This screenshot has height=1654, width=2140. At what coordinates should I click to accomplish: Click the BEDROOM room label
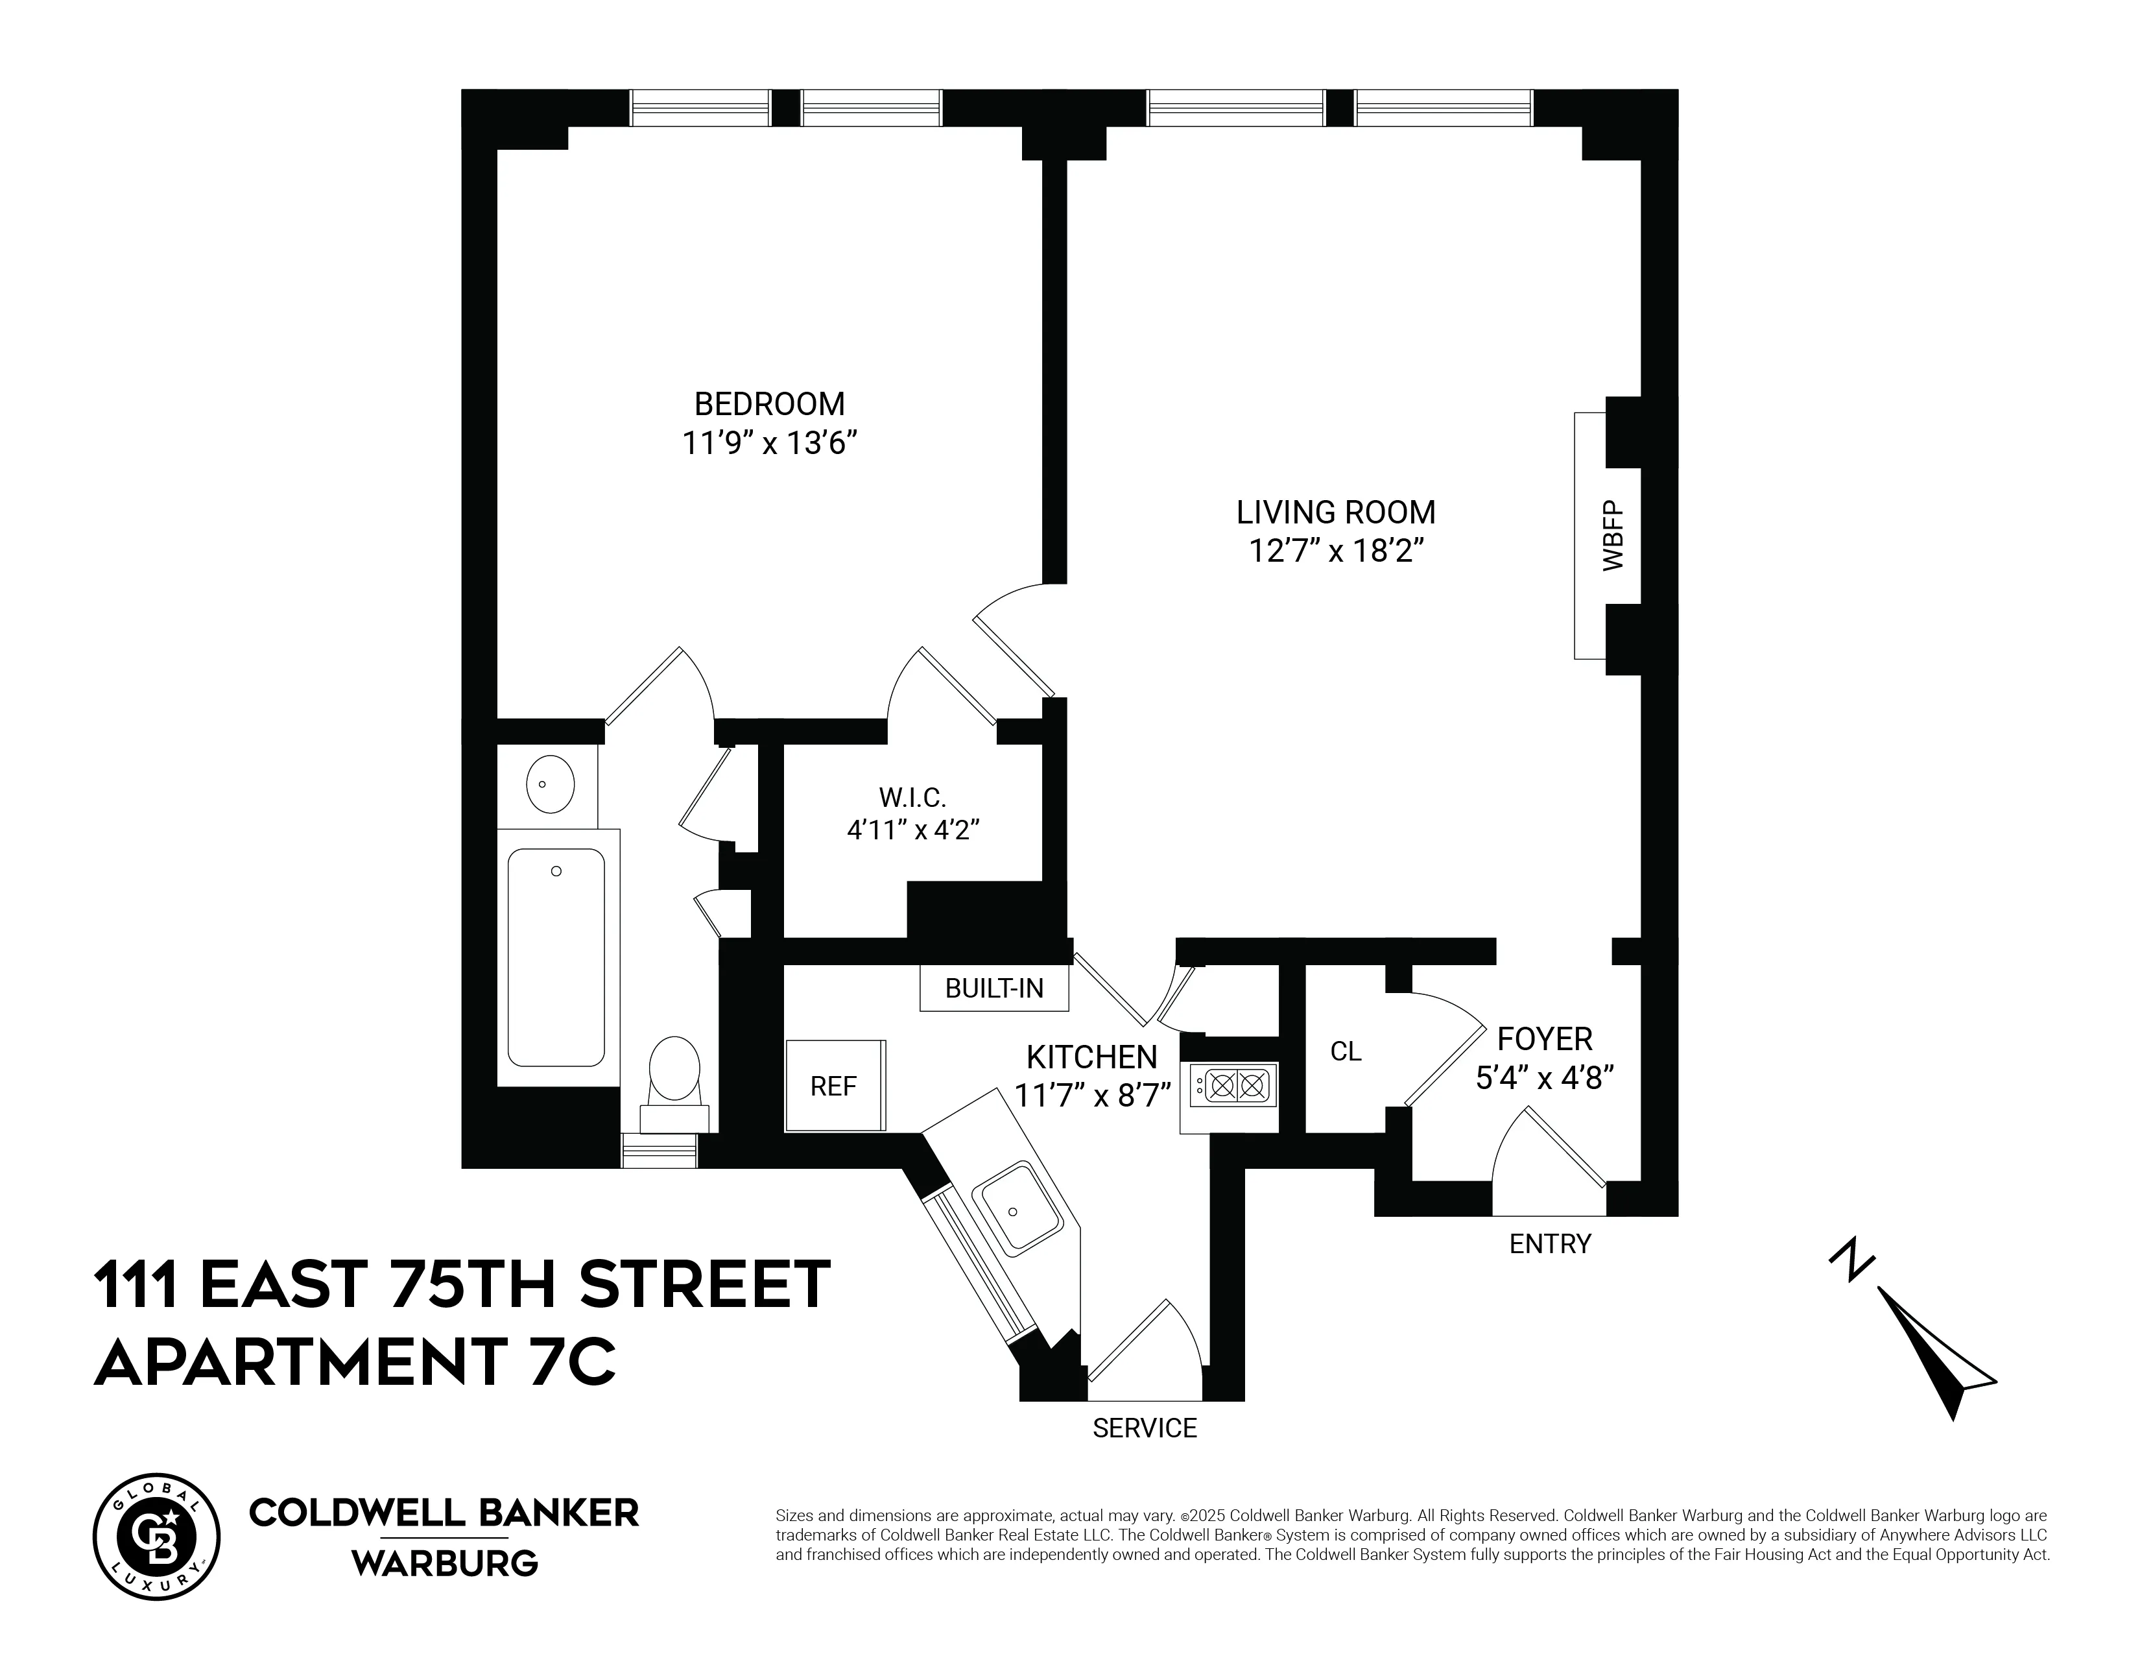(x=769, y=403)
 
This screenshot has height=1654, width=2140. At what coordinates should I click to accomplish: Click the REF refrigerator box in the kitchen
(x=835, y=1086)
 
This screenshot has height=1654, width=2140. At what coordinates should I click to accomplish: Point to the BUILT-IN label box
(x=993, y=988)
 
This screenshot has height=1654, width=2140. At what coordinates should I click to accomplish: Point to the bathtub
(x=556, y=957)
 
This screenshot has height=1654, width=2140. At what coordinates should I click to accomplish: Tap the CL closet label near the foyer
(x=1346, y=1051)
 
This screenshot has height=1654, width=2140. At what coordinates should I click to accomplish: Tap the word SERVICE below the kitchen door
(x=1145, y=1428)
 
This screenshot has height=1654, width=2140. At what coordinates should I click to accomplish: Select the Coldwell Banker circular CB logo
(x=157, y=1537)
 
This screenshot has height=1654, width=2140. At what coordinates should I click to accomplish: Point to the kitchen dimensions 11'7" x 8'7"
(x=1093, y=1094)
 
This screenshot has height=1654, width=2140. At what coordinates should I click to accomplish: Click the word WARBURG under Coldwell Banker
(x=445, y=1563)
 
